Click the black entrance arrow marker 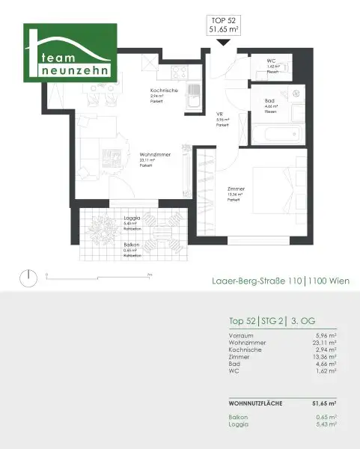[222, 43]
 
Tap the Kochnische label [162, 91]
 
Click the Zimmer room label [236, 191]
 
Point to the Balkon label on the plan [130, 244]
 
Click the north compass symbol [28, 278]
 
